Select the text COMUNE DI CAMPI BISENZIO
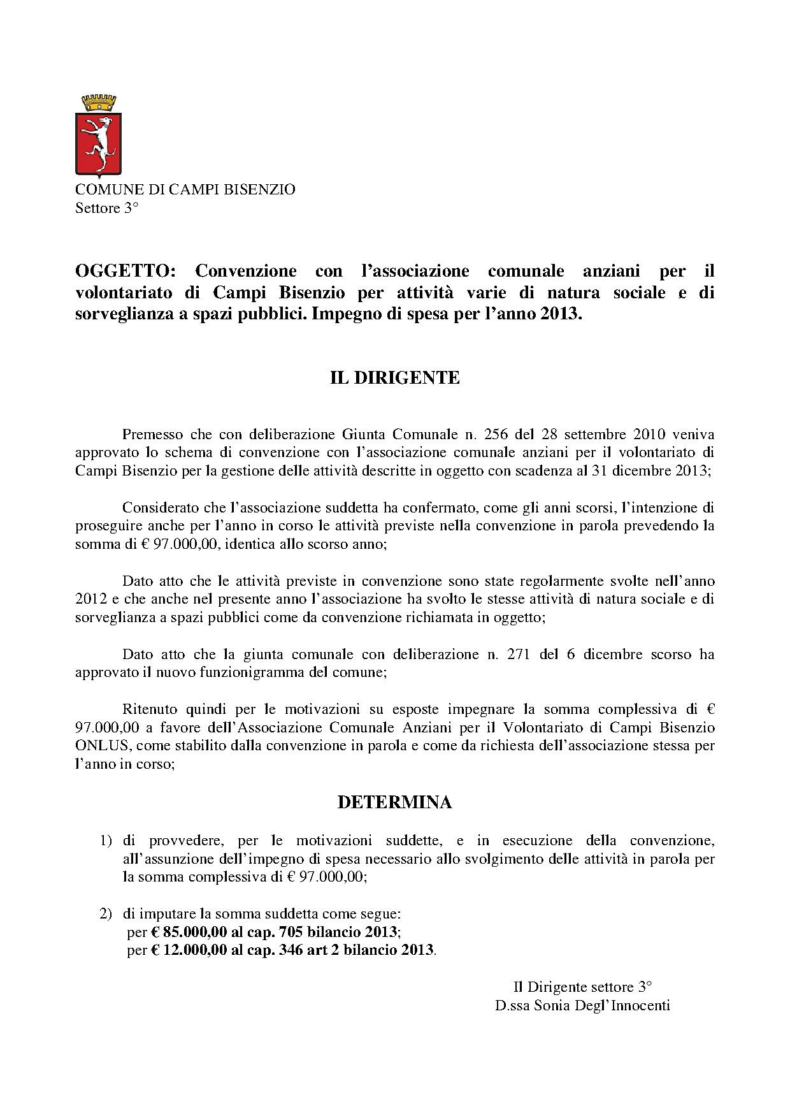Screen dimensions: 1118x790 pyautogui.click(x=185, y=190)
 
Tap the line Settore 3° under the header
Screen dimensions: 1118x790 pyautogui.click(x=106, y=208)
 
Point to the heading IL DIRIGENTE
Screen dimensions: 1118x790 pyautogui.click(x=394, y=377)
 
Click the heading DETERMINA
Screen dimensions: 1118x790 pyautogui.click(x=394, y=802)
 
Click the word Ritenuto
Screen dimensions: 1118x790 pyautogui.click(x=148, y=709)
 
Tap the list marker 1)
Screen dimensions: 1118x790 pyautogui.click(x=106, y=841)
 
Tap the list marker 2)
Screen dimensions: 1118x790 pyautogui.click(x=106, y=913)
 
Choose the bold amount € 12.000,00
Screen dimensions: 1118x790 pyautogui.click(x=189, y=950)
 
